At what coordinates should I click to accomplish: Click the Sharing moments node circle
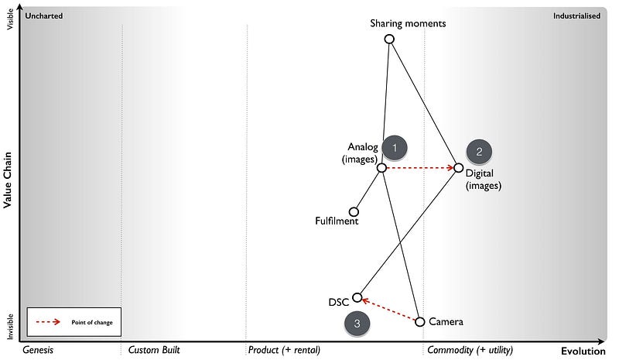[x=389, y=39]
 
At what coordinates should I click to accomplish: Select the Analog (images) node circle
[x=381, y=167]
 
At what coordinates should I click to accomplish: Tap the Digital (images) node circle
[x=458, y=167]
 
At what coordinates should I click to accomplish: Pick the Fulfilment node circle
[x=354, y=211]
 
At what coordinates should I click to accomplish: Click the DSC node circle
[x=357, y=297]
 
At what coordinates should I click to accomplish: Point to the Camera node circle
[x=420, y=321]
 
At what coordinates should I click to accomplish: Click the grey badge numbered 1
[x=395, y=147]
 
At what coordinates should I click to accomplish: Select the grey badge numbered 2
[x=479, y=151]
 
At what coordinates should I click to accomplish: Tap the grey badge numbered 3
[x=357, y=324]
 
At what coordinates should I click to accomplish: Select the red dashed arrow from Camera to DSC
[x=388, y=310]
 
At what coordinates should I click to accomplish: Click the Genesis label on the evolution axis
[x=39, y=351]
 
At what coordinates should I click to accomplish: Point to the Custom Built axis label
[x=154, y=351]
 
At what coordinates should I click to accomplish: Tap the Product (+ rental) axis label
[x=284, y=351]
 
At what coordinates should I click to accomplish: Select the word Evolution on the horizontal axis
[x=583, y=351]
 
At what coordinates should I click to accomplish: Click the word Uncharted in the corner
[x=44, y=15]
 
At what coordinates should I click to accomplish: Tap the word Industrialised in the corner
[x=576, y=15]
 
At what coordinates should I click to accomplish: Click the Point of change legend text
[x=92, y=322]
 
